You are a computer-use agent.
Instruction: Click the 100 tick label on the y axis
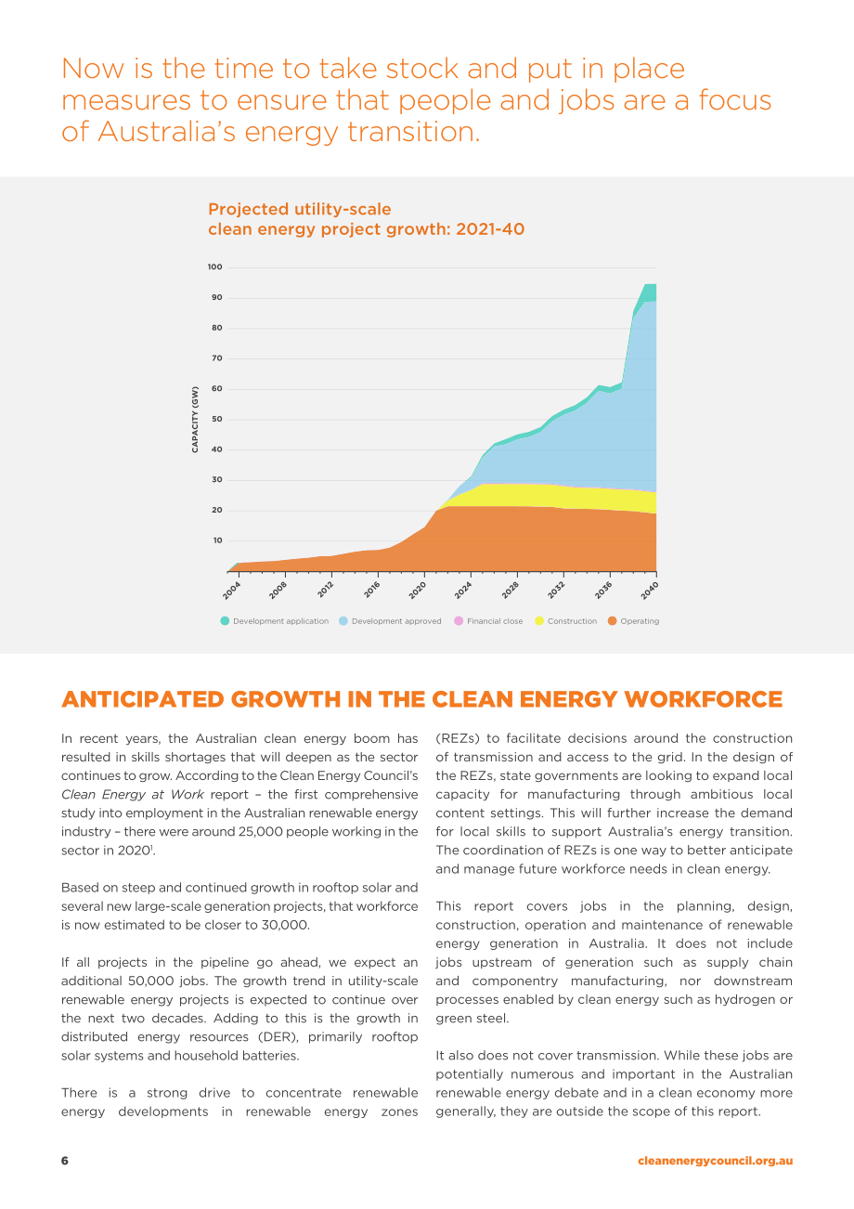pos(214,266)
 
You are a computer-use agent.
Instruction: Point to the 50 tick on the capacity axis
pos(217,419)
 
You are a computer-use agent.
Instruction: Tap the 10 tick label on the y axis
pos(217,540)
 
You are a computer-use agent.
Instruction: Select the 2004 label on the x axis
pos(231,591)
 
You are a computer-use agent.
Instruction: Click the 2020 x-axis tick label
pos(417,591)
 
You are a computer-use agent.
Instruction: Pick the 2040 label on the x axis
pos(649,591)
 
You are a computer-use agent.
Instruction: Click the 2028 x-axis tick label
pos(510,591)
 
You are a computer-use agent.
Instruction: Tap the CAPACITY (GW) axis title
pos(195,420)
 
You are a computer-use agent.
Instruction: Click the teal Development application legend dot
pos(225,620)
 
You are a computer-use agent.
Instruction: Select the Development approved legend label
pos(396,621)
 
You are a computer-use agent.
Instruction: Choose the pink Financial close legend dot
pos(459,620)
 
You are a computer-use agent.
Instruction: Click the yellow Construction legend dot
pos(539,620)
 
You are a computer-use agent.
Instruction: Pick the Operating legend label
pos(640,621)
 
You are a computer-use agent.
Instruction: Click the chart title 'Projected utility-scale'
pos(300,209)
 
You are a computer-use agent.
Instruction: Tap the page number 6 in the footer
pos(65,1161)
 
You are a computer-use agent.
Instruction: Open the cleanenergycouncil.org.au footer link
pos(716,1161)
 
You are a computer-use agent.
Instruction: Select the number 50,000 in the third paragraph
pos(150,981)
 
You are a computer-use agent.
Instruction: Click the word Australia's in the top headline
pos(167,131)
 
